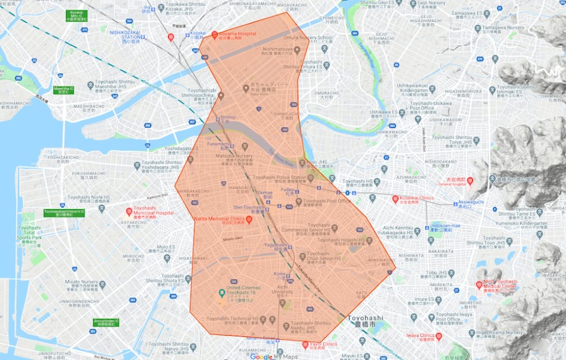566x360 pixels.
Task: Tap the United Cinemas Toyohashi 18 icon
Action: pos(221,291)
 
